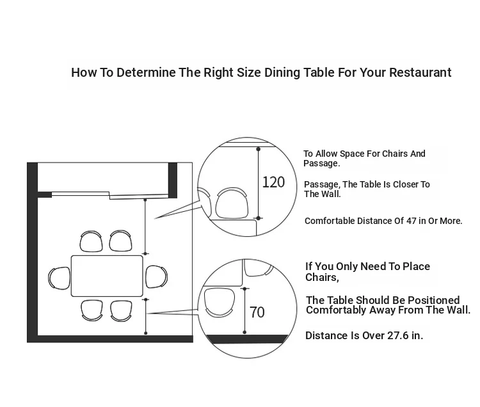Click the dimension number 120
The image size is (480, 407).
click(x=273, y=182)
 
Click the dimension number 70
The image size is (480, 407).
click(x=257, y=312)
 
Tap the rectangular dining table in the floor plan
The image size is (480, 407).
click(x=107, y=276)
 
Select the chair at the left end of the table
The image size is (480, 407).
click(x=60, y=278)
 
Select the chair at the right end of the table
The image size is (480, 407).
click(x=156, y=276)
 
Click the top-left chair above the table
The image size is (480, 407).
click(x=91, y=241)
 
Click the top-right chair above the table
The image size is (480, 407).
click(x=120, y=241)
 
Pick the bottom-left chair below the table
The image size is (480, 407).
click(x=92, y=310)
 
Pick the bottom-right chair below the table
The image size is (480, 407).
click(x=121, y=311)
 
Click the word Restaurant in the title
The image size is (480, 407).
click(x=420, y=72)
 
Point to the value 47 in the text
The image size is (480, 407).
click(x=411, y=221)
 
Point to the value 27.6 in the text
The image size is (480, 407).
click(x=397, y=335)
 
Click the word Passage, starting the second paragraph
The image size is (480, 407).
click(x=322, y=184)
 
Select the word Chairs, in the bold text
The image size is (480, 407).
click(x=322, y=277)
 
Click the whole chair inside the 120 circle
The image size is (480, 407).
click(x=232, y=203)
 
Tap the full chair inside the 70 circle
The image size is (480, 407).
click(x=219, y=302)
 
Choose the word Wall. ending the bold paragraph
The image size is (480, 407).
click(x=458, y=310)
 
